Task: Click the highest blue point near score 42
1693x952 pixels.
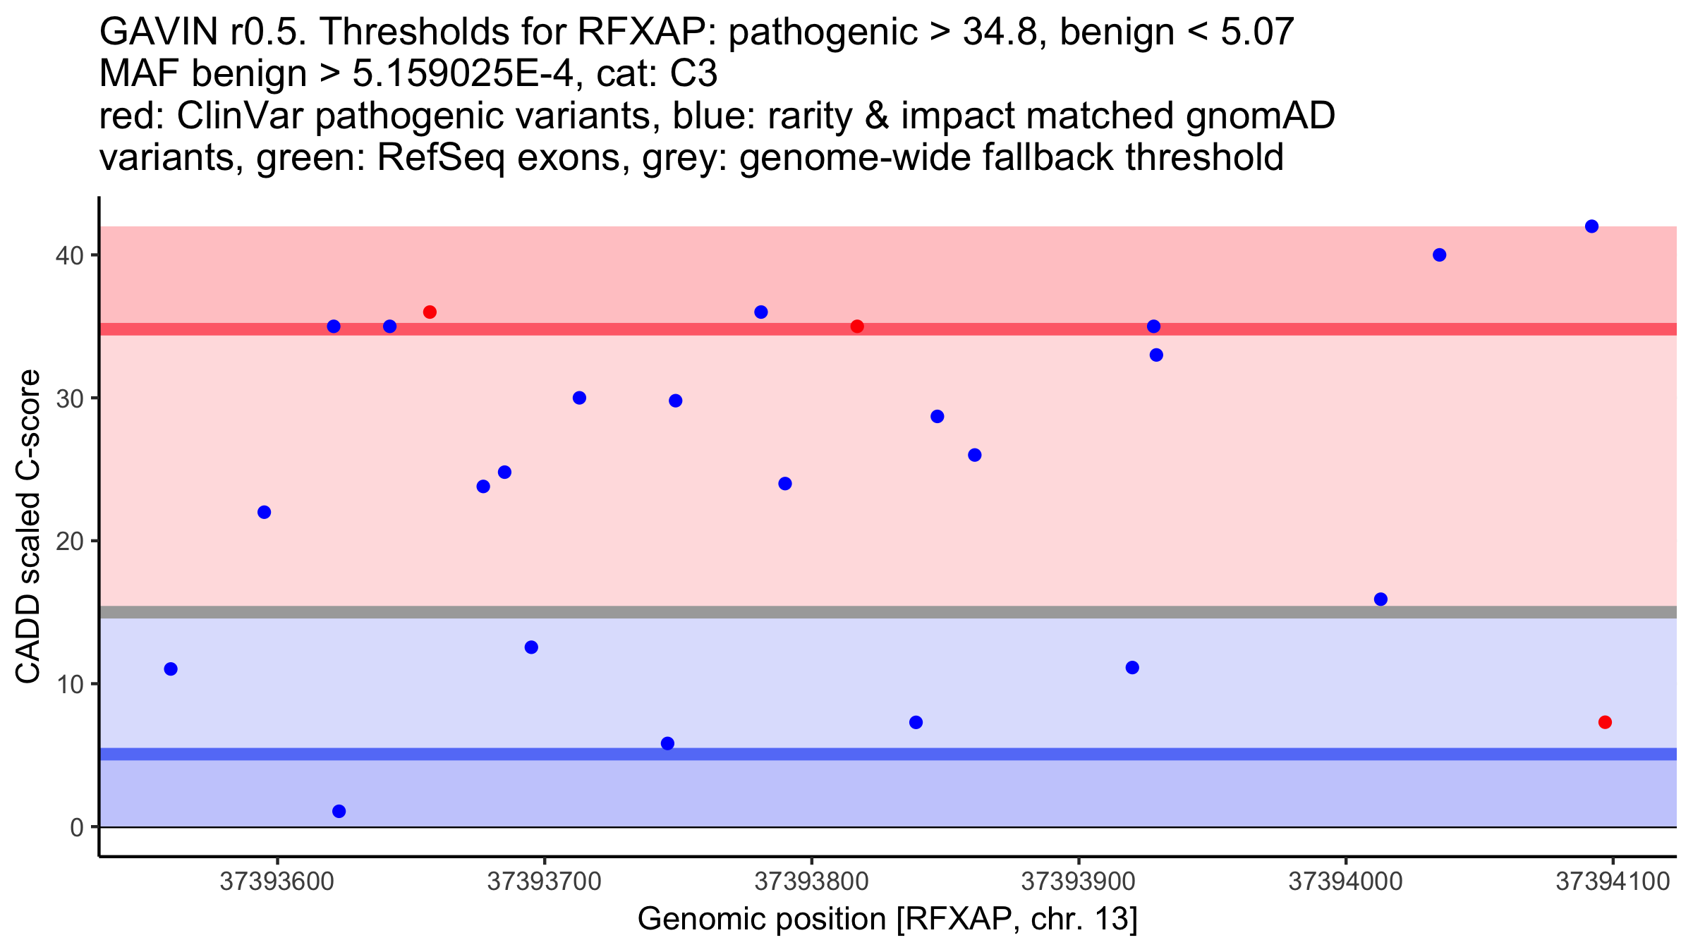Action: (x=1591, y=226)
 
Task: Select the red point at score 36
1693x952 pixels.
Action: (x=430, y=312)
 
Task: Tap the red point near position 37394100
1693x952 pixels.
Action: (x=1605, y=722)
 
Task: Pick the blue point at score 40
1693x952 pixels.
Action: (x=1440, y=255)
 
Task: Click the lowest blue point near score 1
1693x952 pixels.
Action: (x=339, y=811)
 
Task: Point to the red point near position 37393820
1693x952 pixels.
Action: (x=857, y=327)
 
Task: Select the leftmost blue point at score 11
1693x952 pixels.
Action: (x=171, y=669)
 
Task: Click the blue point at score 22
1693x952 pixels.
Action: (x=264, y=512)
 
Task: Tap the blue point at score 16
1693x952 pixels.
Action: (x=1381, y=599)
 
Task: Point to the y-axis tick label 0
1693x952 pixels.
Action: (x=76, y=827)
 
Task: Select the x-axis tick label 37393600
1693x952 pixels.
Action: (x=277, y=882)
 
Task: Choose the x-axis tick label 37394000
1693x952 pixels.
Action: (x=1346, y=882)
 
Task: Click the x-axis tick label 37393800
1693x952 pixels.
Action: (x=811, y=882)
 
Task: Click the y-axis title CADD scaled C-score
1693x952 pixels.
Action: (x=28, y=527)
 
